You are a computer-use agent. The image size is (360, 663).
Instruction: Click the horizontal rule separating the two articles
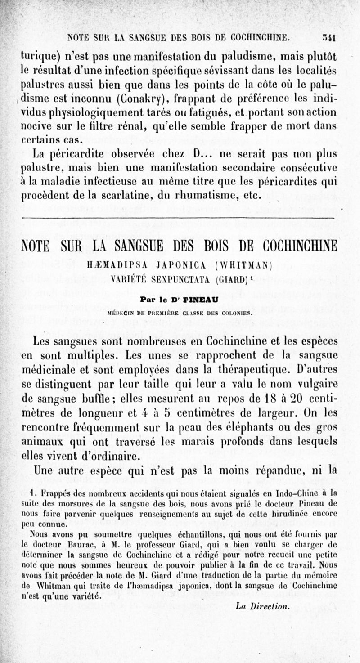(x=178, y=217)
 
